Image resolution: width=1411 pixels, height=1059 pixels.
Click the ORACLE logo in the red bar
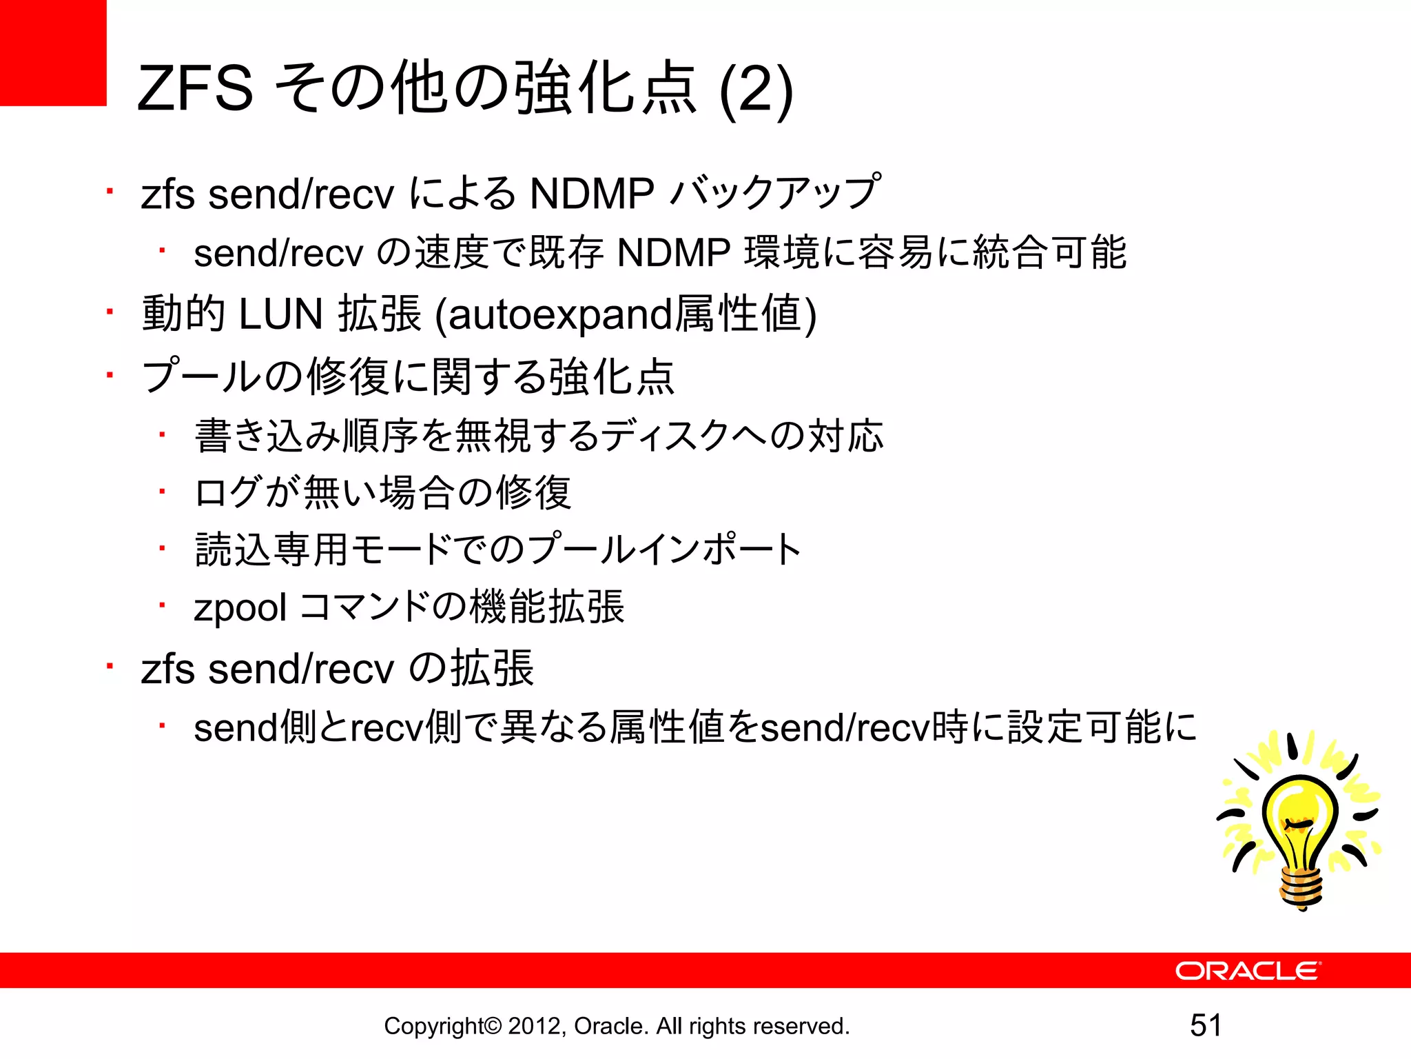tap(1248, 971)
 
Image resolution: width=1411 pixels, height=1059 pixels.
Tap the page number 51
tap(1206, 1025)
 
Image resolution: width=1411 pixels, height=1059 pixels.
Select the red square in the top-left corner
tap(53, 52)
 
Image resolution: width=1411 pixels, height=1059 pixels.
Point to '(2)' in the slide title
tap(756, 90)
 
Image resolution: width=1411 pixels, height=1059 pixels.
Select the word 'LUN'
tap(280, 314)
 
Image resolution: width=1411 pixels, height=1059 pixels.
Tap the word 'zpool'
tap(240, 608)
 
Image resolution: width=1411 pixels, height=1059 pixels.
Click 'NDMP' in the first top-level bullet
tap(592, 194)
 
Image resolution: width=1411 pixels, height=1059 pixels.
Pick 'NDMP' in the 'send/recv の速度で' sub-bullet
tap(674, 253)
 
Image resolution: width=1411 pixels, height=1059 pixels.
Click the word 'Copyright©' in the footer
tap(443, 1026)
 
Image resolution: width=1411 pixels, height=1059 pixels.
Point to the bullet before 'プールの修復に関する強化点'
tap(109, 376)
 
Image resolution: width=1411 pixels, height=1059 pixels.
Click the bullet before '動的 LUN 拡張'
tap(109, 312)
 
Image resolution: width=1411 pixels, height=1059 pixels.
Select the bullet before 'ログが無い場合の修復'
tap(162, 492)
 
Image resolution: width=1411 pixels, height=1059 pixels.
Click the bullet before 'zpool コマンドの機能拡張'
tap(162, 606)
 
